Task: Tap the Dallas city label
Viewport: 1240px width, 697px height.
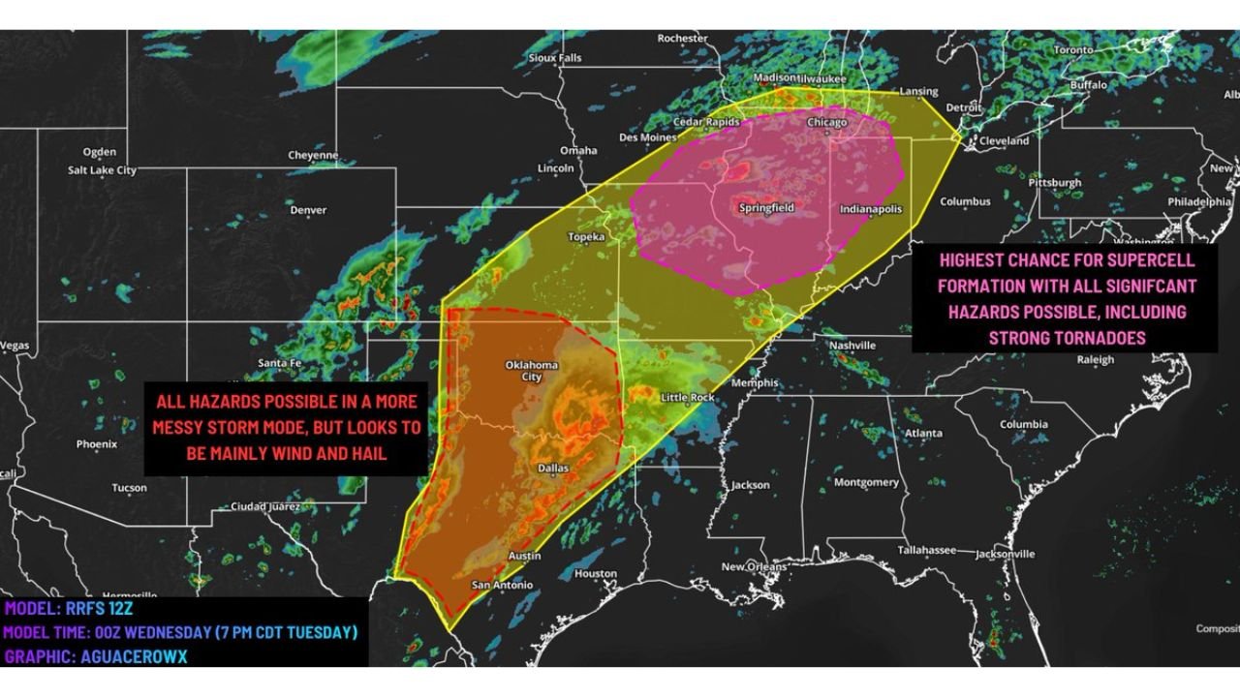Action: [x=553, y=468]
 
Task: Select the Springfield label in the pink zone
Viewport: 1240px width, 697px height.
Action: [x=766, y=208]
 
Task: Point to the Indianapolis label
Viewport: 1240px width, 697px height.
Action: [x=870, y=209]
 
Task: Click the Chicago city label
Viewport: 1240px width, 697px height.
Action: [x=826, y=123]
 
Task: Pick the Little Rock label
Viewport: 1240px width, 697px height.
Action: [x=687, y=398]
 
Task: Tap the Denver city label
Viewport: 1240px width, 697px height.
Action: [x=308, y=210]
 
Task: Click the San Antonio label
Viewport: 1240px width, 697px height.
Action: [x=501, y=586]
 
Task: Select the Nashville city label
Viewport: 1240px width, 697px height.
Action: [x=852, y=346]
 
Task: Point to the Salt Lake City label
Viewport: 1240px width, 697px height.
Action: [x=102, y=170]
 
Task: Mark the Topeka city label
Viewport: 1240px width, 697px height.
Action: [x=586, y=237]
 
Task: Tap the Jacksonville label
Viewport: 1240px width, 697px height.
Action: [x=1005, y=554]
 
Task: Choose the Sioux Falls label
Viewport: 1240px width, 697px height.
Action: [x=555, y=58]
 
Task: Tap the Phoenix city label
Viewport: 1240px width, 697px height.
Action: [x=96, y=444]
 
